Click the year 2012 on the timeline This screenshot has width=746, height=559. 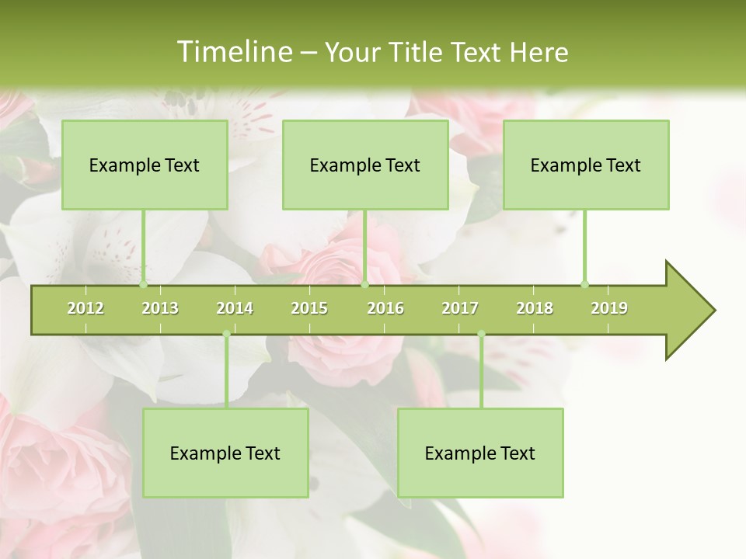(85, 308)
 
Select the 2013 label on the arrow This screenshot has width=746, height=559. (160, 308)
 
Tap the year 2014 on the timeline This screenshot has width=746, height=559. (235, 308)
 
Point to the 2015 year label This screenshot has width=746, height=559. (309, 308)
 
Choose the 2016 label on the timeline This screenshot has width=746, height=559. (385, 308)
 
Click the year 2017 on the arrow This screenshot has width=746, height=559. (460, 308)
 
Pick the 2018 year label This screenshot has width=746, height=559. (535, 308)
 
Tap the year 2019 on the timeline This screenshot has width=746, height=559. (609, 308)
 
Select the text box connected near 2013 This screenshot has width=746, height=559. (145, 165)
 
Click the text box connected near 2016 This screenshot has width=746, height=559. (365, 165)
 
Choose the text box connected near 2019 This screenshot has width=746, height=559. (586, 165)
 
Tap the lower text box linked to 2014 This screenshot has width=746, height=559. (225, 453)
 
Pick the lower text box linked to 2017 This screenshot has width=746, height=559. (480, 453)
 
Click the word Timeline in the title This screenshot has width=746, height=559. (233, 52)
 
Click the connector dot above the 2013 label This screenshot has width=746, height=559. (143, 284)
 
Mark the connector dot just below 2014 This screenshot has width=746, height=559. (226, 334)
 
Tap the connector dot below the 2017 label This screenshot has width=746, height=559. (481, 334)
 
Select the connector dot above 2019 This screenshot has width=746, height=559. (584, 284)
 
